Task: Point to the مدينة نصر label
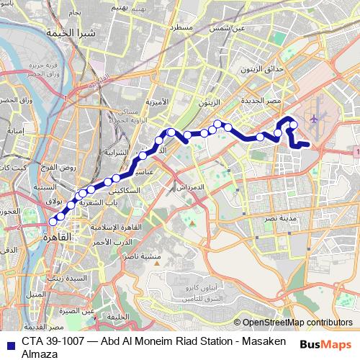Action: [274, 215]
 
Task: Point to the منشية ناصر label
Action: [140, 256]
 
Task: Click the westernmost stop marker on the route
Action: [53, 222]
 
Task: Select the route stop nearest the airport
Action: [293, 126]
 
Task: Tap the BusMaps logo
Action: [325, 343]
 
